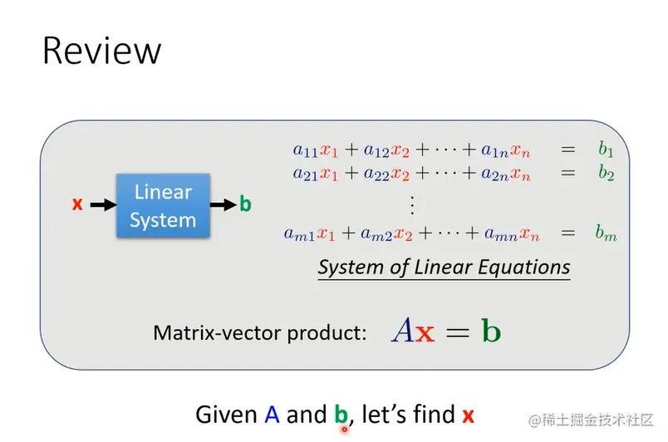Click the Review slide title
102,51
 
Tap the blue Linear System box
163,205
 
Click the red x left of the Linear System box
77,204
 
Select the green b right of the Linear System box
245,204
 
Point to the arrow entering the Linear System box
104,205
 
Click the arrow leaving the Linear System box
223,205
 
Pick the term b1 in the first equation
606,150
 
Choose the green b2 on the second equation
606,173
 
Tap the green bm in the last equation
607,233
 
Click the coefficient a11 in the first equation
306,150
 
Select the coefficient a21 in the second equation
306,174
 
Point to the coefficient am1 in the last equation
299,234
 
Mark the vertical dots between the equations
412,205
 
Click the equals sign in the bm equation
568,233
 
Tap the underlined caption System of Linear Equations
444,268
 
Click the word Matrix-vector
217,332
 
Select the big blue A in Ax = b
402,331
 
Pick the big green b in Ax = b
491,330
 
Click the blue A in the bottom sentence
272,415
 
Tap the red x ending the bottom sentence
469,416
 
